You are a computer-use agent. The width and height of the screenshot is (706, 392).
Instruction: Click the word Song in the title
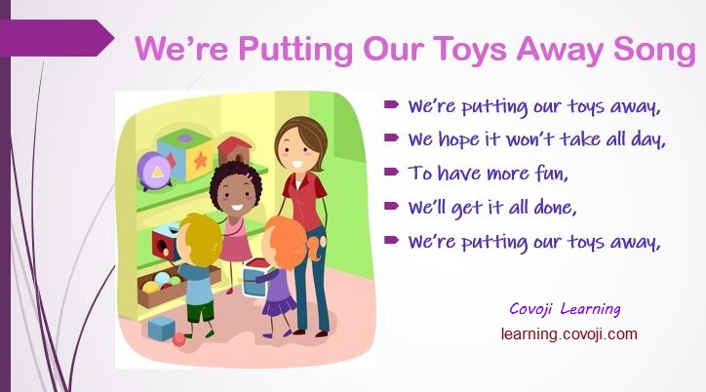[x=654, y=50]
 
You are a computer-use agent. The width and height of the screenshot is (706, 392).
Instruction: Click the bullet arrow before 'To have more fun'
[x=391, y=172]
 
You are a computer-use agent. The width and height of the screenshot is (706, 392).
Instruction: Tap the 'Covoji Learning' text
[x=565, y=309]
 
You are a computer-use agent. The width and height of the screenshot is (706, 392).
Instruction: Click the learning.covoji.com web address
[x=569, y=333]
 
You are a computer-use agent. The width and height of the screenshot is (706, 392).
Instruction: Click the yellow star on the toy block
[x=200, y=159]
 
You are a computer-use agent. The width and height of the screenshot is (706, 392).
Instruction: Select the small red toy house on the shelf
[x=234, y=150]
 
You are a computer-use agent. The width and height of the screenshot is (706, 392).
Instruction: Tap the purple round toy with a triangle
[x=154, y=170]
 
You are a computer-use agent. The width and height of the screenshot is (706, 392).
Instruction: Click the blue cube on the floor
[x=161, y=328]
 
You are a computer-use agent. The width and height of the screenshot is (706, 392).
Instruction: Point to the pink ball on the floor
[x=178, y=339]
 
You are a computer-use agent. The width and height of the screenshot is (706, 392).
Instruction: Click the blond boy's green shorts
[x=200, y=310]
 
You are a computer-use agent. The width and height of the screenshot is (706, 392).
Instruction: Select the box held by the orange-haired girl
[x=255, y=278]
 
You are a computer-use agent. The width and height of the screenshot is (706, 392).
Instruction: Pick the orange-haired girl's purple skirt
[x=279, y=305]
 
